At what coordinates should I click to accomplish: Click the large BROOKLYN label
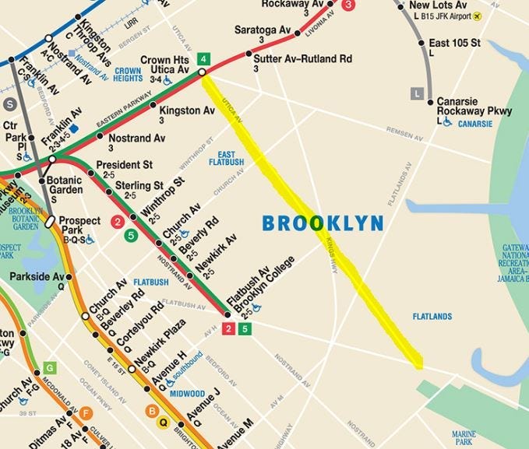[x=323, y=224]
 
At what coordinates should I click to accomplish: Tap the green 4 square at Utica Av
[x=203, y=58]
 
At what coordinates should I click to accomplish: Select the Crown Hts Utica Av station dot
[x=202, y=72]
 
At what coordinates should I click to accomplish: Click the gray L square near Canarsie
[x=418, y=94]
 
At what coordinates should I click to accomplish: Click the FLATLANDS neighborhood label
[x=432, y=316]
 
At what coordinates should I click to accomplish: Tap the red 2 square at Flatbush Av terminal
[x=229, y=330]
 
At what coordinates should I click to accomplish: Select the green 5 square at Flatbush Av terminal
[x=245, y=330]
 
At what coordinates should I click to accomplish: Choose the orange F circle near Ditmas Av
[x=86, y=413]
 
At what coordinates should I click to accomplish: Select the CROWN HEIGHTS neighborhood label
[x=127, y=75]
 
